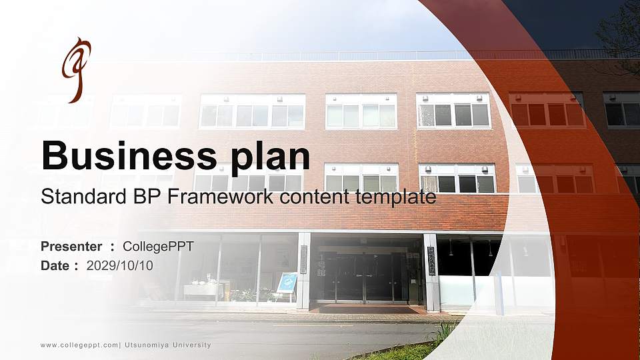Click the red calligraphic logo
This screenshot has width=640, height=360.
pos(75,69)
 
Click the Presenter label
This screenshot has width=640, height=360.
pos(71,247)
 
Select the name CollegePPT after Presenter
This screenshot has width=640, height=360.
pos(158,247)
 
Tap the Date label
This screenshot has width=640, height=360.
pos(55,266)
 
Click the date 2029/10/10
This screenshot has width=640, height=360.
pos(120,266)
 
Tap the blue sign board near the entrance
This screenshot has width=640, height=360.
pos(287,282)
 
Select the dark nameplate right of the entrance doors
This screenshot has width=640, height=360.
pos(431,260)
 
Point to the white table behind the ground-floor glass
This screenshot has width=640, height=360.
pos(199,290)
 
